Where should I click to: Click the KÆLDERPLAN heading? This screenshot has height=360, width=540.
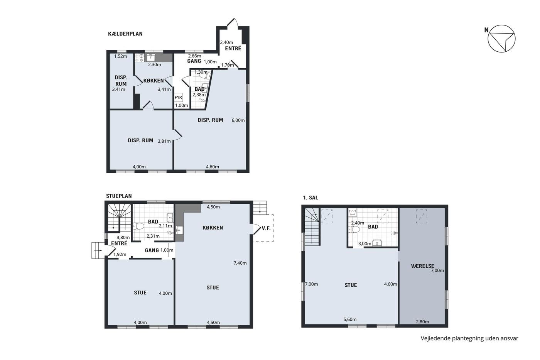125,34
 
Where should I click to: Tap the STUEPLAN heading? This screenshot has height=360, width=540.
119,196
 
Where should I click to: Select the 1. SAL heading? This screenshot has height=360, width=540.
310,198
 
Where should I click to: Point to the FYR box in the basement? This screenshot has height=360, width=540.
178,97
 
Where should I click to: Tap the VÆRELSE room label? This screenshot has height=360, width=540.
423,266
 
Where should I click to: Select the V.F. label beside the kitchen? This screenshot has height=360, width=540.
266,228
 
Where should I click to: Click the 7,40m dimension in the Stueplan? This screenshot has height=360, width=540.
240,263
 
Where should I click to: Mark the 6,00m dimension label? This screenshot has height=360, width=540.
238,120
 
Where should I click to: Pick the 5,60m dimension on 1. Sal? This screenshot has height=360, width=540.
350,319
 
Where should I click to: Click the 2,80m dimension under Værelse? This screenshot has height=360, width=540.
423,322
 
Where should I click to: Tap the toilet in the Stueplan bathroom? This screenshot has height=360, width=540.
138,226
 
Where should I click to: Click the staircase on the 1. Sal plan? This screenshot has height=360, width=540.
312,227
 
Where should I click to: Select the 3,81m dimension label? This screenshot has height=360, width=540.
164,141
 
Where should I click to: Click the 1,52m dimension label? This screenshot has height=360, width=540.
120,56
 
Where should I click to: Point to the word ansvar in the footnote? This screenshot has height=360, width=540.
510,338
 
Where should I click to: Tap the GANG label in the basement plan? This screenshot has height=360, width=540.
194,61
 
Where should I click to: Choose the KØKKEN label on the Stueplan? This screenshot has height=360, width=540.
213,228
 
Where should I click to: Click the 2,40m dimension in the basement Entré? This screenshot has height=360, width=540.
227,42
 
